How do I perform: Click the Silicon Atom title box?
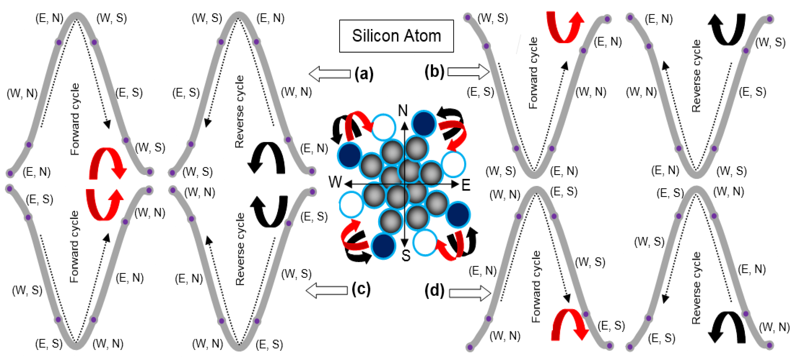pyautogui.click(x=396, y=36)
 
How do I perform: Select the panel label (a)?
pyautogui.click(x=364, y=74)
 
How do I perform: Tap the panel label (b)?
pyautogui.click(x=434, y=72)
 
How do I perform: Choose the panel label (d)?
pyautogui.click(x=434, y=291)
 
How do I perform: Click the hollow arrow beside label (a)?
pyautogui.click(x=330, y=74)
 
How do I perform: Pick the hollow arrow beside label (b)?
pyautogui.click(x=468, y=72)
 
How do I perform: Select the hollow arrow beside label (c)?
pyautogui.click(x=327, y=290)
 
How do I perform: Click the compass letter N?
pyautogui.click(x=403, y=110)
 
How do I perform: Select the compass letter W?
pyautogui.click(x=335, y=182)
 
